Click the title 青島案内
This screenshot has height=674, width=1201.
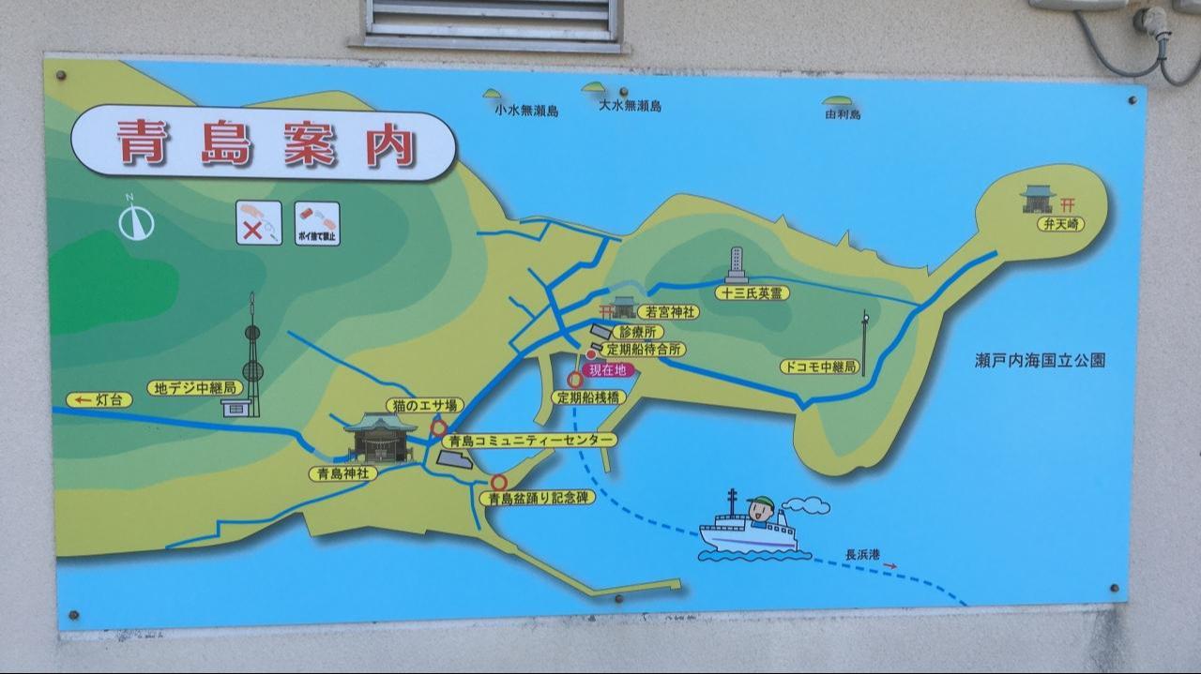point(266,143)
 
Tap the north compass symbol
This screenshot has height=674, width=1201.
point(136,221)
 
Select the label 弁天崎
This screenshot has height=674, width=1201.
point(1061,225)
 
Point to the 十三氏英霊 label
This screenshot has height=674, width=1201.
point(753,293)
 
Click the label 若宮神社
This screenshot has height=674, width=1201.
point(667,311)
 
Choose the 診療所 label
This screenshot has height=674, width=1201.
point(641,332)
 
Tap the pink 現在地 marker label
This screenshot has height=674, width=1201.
point(608,370)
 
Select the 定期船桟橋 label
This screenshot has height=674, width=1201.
point(589,397)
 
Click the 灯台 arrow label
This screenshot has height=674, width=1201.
point(99,400)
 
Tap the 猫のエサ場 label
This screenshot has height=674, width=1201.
point(425,405)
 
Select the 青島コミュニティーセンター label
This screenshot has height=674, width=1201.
point(530,440)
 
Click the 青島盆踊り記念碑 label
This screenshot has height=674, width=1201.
point(537,499)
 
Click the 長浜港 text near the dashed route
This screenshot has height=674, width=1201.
point(863,555)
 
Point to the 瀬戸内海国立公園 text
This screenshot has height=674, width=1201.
point(1040,360)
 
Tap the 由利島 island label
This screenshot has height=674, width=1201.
point(843,114)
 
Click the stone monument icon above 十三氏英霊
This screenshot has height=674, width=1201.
point(737,265)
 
